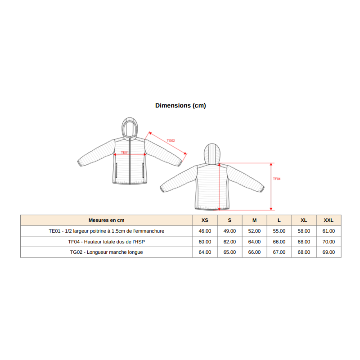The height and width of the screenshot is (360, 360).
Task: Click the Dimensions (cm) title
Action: click(180, 105)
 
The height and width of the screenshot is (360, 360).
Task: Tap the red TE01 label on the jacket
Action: click(125, 153)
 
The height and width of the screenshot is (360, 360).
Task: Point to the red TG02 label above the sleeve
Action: click(171, 140)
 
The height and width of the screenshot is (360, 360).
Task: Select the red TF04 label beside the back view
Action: click(277, 179)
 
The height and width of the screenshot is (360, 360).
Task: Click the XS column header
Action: click(205, 220)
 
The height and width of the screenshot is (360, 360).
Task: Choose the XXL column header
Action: click(328, 220)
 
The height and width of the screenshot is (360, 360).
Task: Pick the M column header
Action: click(254, 220)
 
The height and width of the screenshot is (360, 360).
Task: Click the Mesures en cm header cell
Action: click(107, 220)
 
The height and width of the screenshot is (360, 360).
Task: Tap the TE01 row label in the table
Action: click(107, 231)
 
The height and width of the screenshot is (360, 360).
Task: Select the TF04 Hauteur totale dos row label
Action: click(107, 242)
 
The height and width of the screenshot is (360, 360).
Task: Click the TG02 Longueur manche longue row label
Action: click(107, 252)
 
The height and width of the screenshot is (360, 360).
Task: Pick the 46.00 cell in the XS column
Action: click(205, 231)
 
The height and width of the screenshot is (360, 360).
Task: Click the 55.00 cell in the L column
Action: click(279, 231)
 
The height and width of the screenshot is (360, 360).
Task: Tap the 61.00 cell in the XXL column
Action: click(328, 231)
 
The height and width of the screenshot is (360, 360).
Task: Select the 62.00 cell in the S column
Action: click(229, 242)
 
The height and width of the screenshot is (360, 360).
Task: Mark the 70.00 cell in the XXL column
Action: click(328, 242)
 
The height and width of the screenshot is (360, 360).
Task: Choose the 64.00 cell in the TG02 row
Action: click(205, 252)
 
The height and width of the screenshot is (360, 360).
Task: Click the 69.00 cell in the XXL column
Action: click(328, 252)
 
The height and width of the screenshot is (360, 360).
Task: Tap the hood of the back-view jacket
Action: click(212, 153)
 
